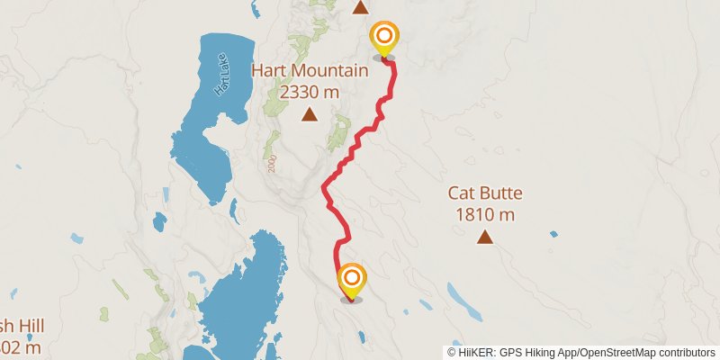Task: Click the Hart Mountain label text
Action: (310, 70)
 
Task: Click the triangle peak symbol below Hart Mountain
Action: (310, 114)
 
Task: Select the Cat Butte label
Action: (485, 193)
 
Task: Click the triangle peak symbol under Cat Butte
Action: (485, 238)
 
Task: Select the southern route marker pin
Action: (351, 279)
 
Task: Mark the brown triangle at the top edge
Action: (360, 8)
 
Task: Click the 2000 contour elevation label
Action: (270, 162)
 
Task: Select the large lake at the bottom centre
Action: (243, 297)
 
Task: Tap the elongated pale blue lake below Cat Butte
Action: (463, 301)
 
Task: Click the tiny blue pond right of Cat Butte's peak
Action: (554, 235)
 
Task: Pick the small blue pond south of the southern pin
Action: (361, 338)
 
